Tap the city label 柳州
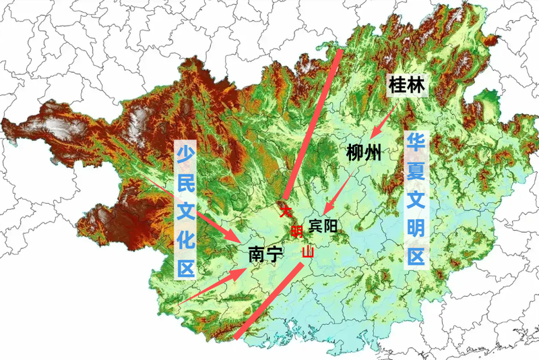364,153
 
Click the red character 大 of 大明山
286,211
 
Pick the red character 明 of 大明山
296,233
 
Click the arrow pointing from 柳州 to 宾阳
340,192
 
